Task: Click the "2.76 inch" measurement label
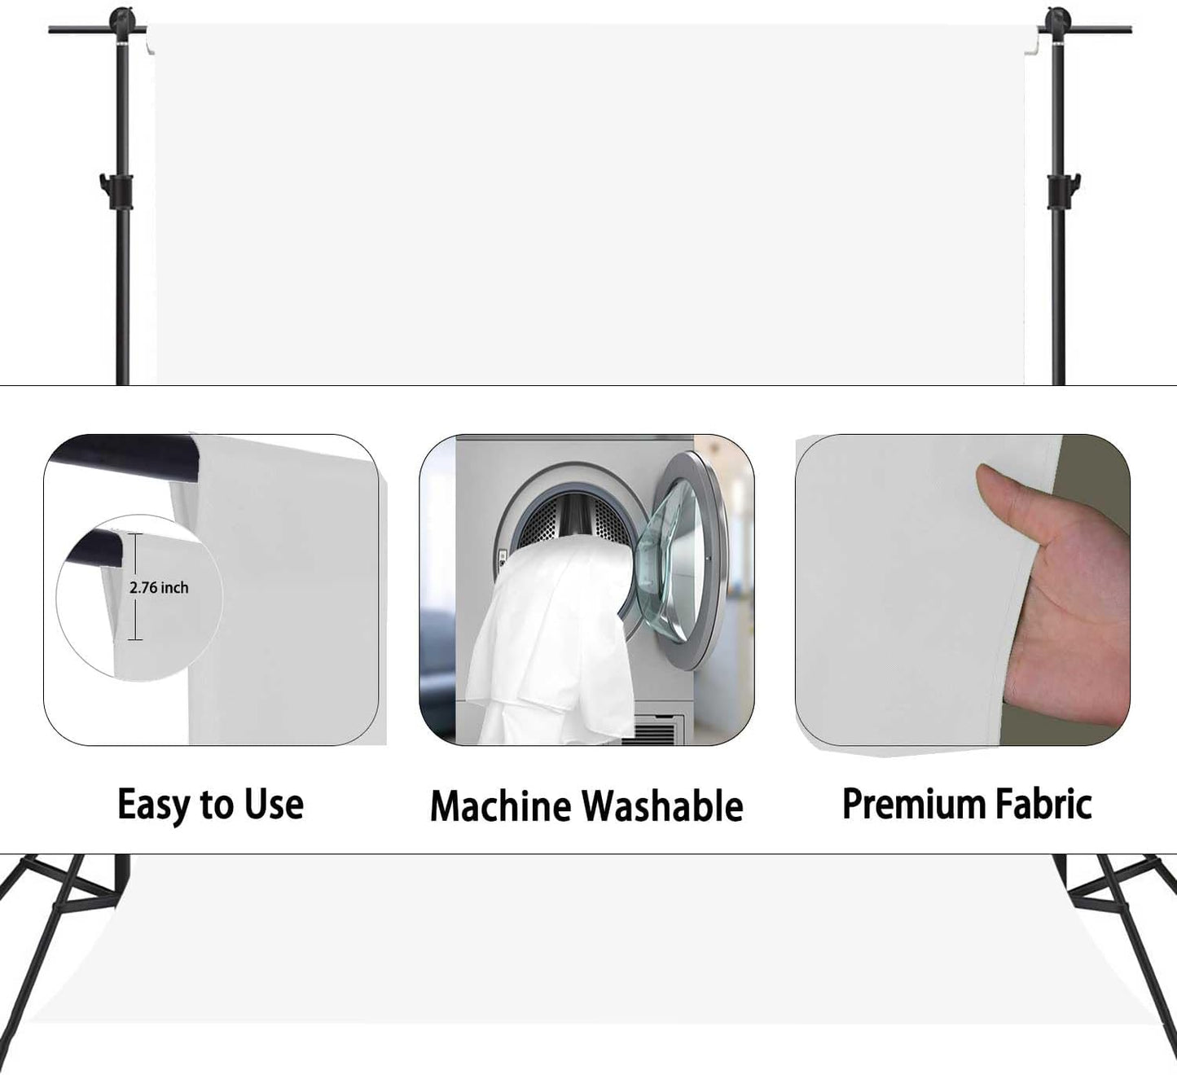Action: click(159, 587)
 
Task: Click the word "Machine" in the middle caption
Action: click(500, 805)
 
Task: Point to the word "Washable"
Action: click(662, 805)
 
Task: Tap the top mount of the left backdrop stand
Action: click(122, 24)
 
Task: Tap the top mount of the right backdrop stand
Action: click(1057, 24)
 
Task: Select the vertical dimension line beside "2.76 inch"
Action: click(135, 586)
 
